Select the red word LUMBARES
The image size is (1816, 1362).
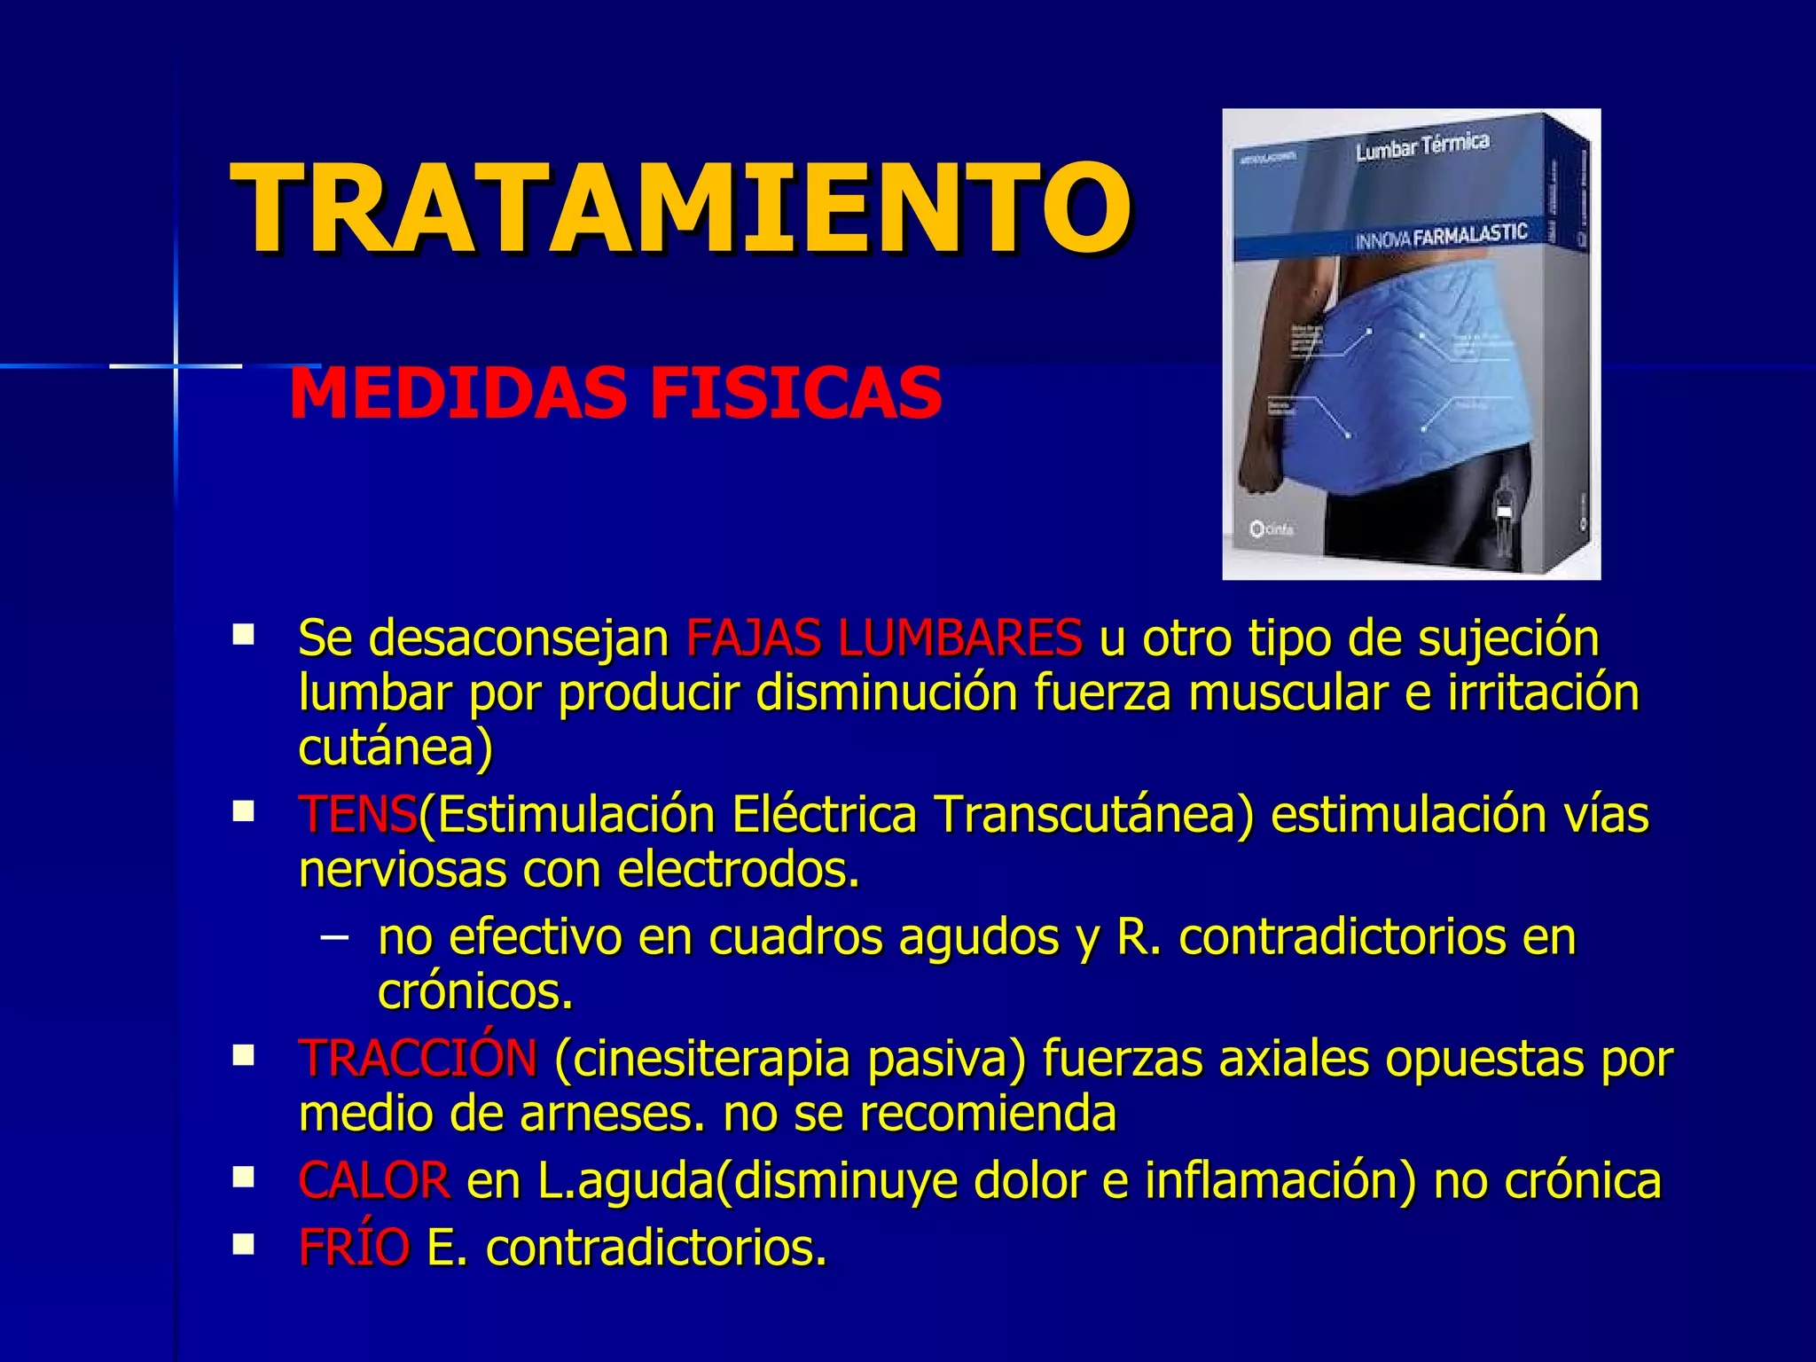pos(959,638)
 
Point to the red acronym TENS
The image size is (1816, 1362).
pos(357,814)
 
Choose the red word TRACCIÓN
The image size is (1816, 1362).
pos(418,1058)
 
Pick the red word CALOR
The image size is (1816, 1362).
pos(374,1180)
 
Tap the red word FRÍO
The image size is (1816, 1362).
pos(354,1248)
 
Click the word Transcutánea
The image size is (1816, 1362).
pos(1094,814)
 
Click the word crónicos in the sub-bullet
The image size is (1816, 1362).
pos(475,991)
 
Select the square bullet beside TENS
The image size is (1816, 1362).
pos(243,810)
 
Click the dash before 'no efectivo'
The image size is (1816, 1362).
pos(333,936)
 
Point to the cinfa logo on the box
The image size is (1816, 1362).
pos(1272,529)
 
